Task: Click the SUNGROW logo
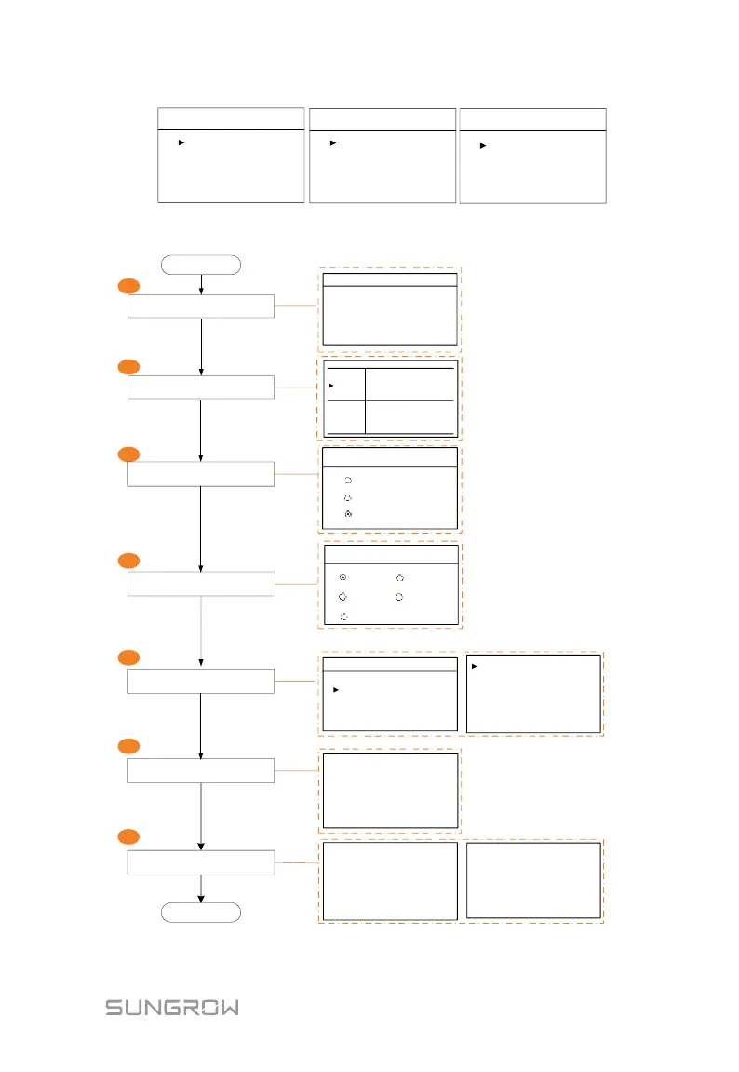point(171,1007)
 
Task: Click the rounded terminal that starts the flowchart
point(200,264)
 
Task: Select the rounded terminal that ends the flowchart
point(200,912)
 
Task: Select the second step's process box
point(200,387)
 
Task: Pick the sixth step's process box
point(200,770)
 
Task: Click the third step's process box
point(200,474)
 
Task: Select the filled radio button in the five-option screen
point(343,577)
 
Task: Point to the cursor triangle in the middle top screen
point(331,142)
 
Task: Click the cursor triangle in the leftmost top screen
point(182,142)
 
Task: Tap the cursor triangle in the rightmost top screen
point(482,145)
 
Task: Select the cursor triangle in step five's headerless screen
point(474,667)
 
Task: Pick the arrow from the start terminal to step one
point(200,284)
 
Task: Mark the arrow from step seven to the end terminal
point(200,889)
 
